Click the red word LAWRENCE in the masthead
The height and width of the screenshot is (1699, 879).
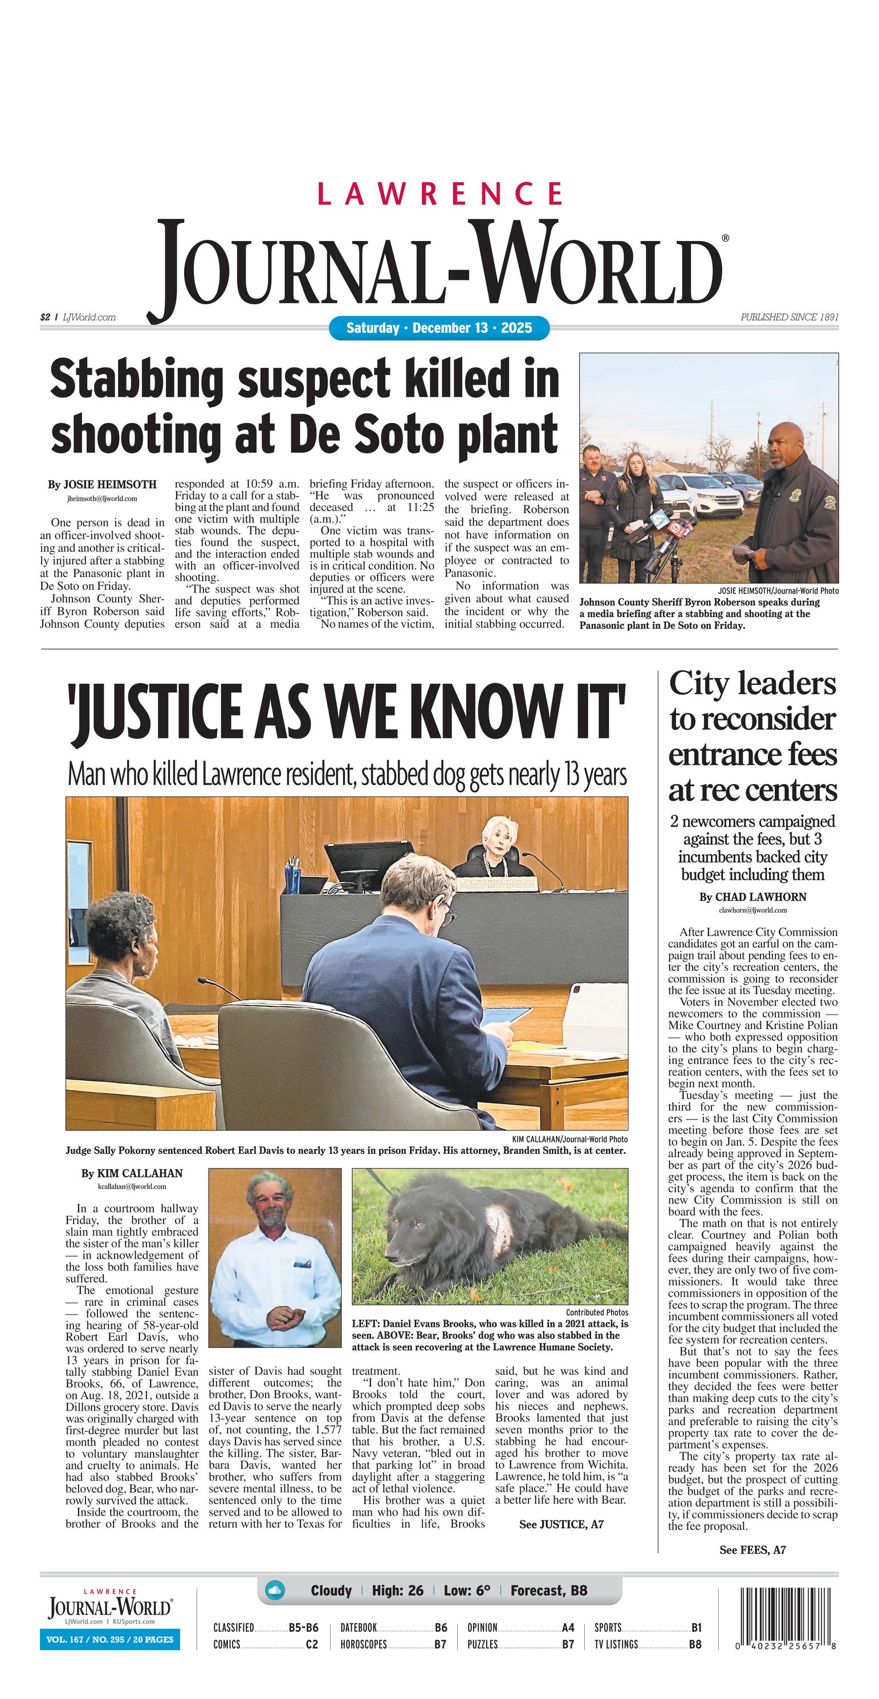[x=440, y=193]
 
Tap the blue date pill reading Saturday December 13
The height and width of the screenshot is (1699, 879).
[x=439, y=328]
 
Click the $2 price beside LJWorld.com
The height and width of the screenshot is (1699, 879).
[x=45, y=317]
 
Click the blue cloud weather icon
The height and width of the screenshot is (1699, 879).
[x=275, y=1590]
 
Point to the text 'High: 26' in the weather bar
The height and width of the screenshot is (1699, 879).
[x=397, y=1590]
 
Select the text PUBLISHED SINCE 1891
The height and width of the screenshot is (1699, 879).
[x=790, y=317]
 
